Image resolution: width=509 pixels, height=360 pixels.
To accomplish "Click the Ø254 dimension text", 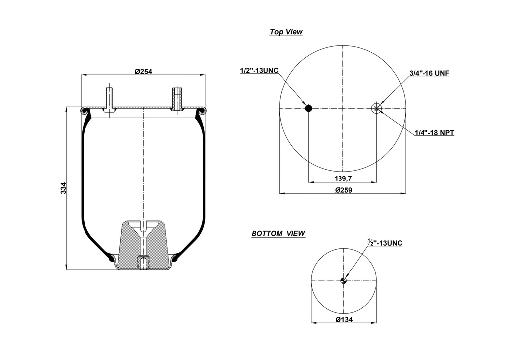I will tap(143, 71).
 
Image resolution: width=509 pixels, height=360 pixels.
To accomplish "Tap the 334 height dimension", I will tap(63, 189).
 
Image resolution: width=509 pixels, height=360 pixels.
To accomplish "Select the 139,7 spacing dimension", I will tap(342, 178).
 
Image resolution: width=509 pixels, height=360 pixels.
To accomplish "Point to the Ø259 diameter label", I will tap(342, 190).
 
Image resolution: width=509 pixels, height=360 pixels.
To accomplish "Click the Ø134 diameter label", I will tap(343, 320).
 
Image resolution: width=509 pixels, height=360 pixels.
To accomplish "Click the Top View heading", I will tap(286, 32).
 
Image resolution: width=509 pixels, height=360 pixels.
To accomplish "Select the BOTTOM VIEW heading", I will tap(278, 233).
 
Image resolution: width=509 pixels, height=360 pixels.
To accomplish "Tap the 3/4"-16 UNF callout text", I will tap(429, 73).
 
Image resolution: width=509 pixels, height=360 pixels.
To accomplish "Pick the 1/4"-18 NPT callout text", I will tap(434, 133).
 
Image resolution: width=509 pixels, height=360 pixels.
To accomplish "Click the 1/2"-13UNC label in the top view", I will tap(259, 70).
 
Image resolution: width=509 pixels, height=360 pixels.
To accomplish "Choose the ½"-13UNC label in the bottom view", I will tap(385, 243).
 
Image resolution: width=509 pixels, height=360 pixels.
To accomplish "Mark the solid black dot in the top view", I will tap(308, 108).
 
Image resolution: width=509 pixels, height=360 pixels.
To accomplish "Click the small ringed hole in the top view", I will tap(377, 108).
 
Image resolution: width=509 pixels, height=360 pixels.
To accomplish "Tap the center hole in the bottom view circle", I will tap(343, 281).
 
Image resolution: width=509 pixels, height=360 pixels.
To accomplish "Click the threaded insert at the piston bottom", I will tap(143, 262).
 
